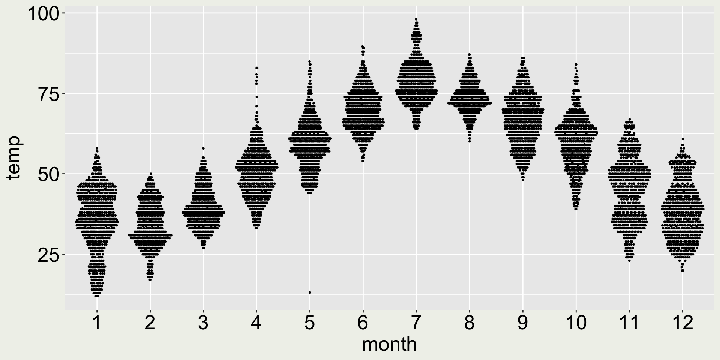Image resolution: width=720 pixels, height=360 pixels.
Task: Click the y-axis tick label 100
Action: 43,14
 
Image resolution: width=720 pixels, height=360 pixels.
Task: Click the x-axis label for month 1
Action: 97,323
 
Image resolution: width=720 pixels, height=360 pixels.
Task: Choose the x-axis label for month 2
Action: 150,323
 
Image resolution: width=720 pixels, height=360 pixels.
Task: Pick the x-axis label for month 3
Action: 203,323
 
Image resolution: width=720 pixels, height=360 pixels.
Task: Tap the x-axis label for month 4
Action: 256,323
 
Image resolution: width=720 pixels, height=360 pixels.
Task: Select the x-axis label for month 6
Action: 363,323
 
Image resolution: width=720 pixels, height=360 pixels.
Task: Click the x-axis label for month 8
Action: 469,323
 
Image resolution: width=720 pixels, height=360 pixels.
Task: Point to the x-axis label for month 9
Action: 522,323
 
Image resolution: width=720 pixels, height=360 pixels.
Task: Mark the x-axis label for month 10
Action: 576,323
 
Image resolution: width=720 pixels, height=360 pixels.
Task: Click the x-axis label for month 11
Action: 629,323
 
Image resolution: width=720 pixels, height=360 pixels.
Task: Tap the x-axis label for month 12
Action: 682,323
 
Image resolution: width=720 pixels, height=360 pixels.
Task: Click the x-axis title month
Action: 389,344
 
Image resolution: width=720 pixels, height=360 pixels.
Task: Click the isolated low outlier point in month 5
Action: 310,292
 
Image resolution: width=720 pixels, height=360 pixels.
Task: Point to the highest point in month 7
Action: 416,19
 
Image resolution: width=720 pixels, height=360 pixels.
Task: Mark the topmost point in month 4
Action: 257,68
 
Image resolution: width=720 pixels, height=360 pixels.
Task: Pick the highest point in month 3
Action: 203,148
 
